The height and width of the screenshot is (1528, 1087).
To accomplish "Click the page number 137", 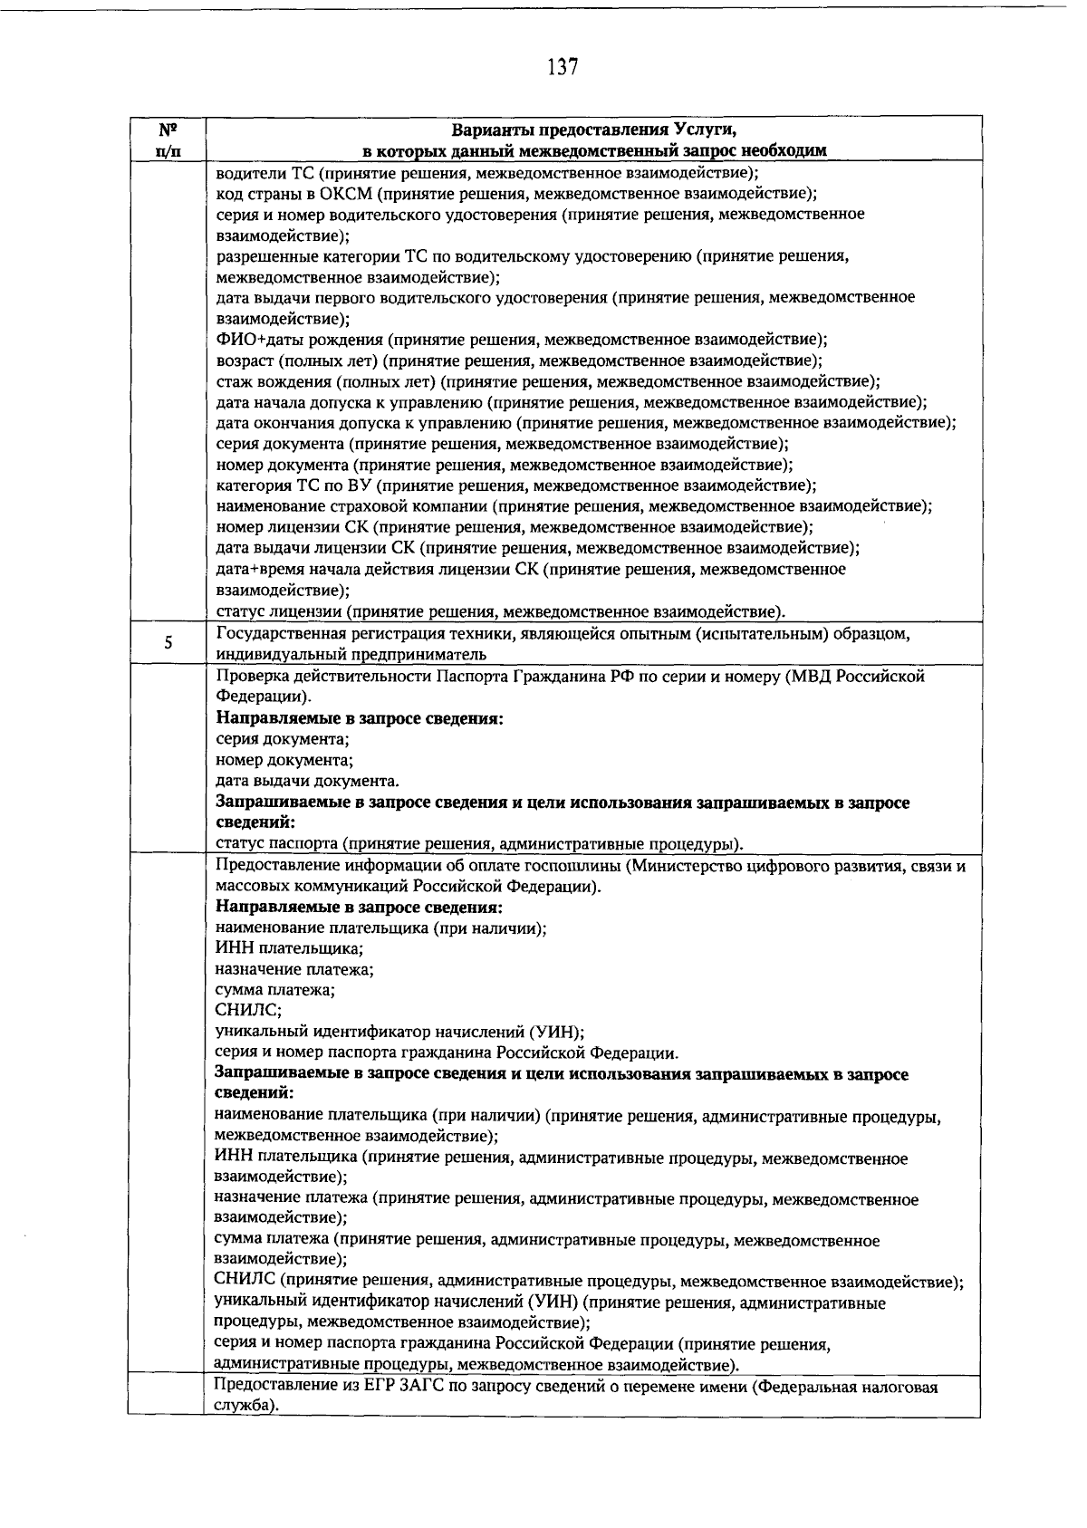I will [563, 67].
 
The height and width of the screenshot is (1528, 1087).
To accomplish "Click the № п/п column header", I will [168, 139].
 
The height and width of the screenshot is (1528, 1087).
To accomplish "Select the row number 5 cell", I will [168, 644].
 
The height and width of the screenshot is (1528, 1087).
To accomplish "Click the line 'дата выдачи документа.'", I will [307, 781].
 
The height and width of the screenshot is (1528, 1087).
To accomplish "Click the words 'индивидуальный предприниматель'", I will [351, 655].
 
